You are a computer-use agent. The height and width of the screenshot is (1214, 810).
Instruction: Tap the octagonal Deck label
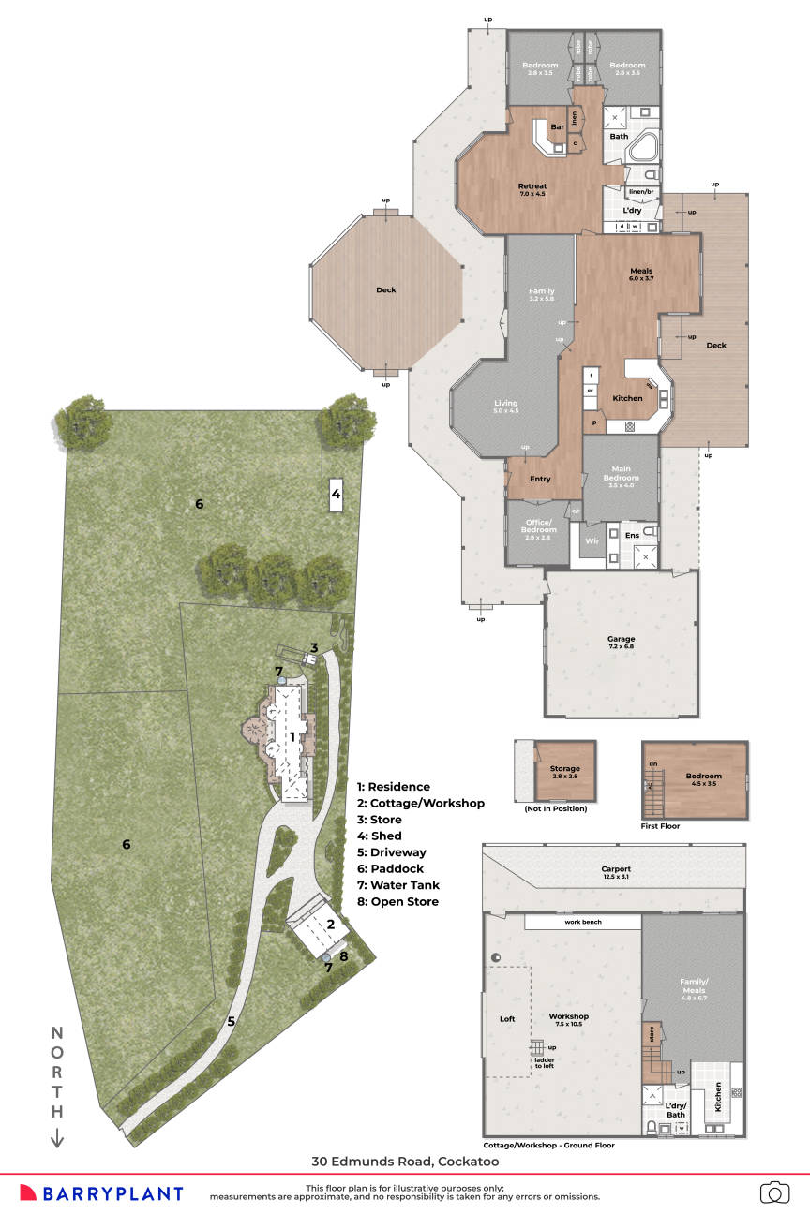pos(386,290)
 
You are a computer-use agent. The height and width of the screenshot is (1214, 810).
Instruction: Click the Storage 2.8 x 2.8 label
pos(564,773)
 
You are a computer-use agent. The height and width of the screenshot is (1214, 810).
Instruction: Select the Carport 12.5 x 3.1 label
pos(616,873)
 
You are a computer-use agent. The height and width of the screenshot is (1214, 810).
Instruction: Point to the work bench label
pos(582,923)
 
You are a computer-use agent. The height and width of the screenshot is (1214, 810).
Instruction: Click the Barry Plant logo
pos(101,1193)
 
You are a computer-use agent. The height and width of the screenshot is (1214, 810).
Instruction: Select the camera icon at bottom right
pos(774,1192)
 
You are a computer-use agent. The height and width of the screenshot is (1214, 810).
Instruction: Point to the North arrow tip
pos(57,1144)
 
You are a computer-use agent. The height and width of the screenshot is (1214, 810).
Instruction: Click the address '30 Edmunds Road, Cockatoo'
pos(405,1162)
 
